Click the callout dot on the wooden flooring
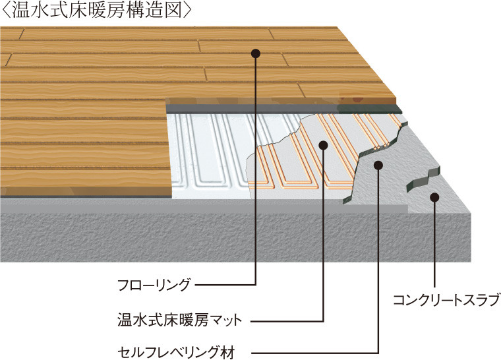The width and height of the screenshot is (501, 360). [x=256, y=53]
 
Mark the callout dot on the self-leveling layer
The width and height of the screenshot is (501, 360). [x=378, y=165]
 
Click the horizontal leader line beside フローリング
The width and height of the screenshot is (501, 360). [x=224, y=285]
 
